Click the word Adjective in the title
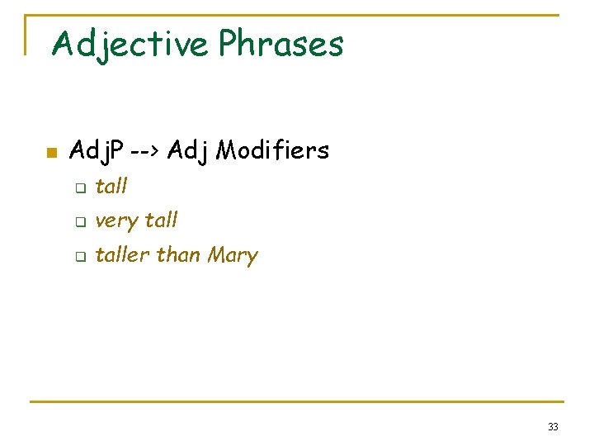point(130,43)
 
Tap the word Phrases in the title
point(280,43)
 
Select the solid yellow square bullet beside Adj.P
point(50,153)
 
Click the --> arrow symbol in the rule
point(143,150)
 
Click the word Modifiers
point(272,150)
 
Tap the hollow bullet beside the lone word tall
point(80,188)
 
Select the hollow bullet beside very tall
point(80,222)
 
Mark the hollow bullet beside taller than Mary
point(80,257)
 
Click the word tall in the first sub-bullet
point(111,187)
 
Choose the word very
point(116,221)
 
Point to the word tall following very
point(161,221)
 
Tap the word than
point(179,255)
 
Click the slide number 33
point(552,427)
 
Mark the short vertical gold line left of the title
point(26,35)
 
